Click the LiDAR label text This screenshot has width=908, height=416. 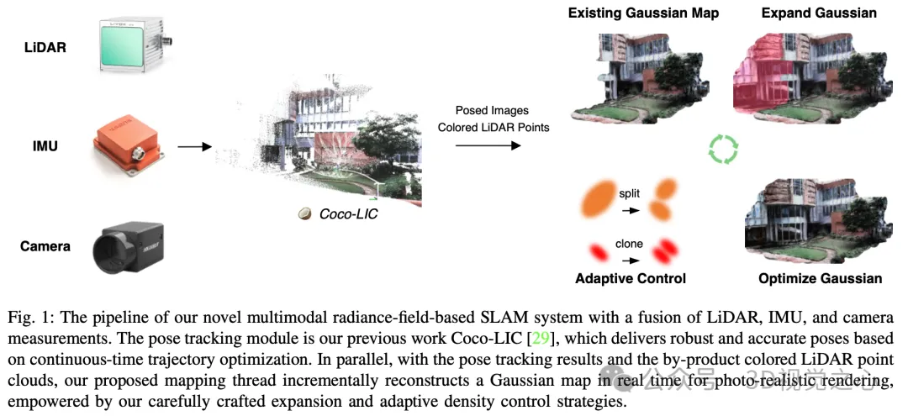click(x=45, y=47)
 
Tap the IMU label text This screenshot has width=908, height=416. click(x=45, y=146)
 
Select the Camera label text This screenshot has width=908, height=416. click(x=45, y=246)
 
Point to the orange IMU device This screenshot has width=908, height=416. click(x=130, y=149)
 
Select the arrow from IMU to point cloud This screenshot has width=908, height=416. click(x=194, y=147)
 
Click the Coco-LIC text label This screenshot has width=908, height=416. click(x=348, y=214)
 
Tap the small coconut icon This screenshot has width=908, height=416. click(x=305, y=214)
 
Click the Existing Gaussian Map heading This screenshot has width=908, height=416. click(x=643, y=13)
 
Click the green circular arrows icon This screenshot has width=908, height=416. click(x=722, y=150)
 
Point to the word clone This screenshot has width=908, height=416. click(x=629, y=244)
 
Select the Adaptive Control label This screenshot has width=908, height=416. click(x=630, y=278)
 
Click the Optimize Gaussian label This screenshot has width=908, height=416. click(x=820, y=278)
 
